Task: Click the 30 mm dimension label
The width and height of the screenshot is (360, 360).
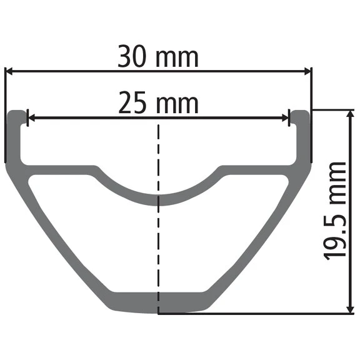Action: coord(158,57)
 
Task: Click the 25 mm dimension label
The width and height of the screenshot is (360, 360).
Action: coord(158,103)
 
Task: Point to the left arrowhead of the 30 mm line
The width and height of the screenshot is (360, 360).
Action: coord(9,71)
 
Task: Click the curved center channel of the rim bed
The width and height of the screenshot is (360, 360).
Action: coord(159,199)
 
